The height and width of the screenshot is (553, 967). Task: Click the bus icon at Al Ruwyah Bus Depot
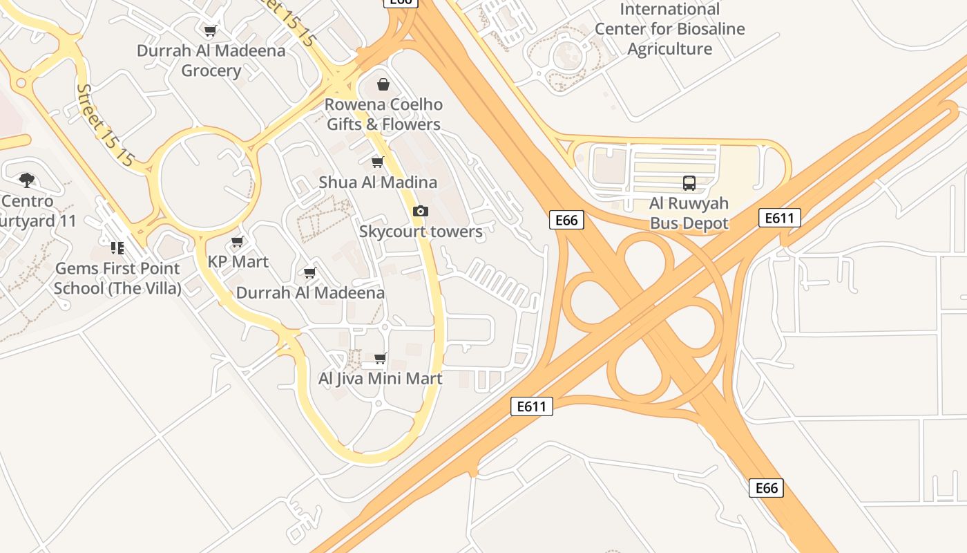(689, 183)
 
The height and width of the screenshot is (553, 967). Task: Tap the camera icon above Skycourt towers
(420, 211)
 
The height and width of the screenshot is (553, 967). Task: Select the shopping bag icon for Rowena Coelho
(383, 84)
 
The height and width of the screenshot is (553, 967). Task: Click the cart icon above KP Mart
(238, 242)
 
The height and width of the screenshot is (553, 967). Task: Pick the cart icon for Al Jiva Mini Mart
(380, 359)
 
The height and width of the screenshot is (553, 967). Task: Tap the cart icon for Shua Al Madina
(377, 162)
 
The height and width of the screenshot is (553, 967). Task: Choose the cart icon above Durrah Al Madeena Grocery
(211, 30)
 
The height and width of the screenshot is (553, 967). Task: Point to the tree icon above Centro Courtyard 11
(27, 180)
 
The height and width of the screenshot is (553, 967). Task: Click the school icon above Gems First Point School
(117, 247)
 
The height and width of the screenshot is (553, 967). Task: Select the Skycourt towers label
(421, 232)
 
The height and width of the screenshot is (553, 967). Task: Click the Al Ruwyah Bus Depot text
(689, 214)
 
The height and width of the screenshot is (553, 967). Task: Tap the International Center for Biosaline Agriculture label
(669, 29)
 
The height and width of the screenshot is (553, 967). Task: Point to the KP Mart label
(238, 262)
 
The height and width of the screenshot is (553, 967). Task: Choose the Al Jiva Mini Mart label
(380, 379)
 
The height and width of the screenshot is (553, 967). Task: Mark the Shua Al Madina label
(378, 182)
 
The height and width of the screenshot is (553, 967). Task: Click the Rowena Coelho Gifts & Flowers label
(383, 115)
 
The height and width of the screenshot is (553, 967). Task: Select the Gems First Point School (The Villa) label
(117, 278)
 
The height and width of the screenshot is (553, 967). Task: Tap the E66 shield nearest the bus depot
(566, 220)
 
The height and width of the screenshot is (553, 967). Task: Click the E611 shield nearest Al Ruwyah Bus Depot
(779, 218)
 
